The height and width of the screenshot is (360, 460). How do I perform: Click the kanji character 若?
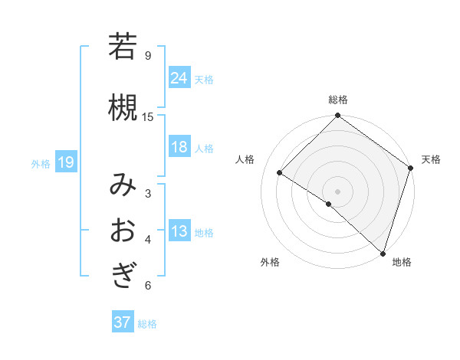123,47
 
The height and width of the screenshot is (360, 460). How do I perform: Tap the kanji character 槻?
123,108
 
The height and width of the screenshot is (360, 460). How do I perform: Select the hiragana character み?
123,185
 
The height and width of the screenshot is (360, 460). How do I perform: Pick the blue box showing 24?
179,77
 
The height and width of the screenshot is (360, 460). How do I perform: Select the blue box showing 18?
179,147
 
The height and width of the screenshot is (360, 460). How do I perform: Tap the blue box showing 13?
179,231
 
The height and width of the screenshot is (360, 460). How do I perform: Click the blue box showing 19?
65,162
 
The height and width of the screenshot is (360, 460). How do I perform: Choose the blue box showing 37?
123,322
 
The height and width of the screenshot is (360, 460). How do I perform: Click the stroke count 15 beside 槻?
148,116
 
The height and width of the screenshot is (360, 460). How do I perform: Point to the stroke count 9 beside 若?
148,55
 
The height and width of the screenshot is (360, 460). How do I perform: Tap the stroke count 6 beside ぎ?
148,286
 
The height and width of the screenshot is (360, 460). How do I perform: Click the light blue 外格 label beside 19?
41,163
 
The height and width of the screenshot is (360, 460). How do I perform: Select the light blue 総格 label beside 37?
147,324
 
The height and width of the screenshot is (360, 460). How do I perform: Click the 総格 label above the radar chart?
338,100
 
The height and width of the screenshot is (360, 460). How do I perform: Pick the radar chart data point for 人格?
280,172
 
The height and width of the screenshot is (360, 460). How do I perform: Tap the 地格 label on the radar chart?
402,263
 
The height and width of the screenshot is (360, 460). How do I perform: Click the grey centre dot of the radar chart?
337,191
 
